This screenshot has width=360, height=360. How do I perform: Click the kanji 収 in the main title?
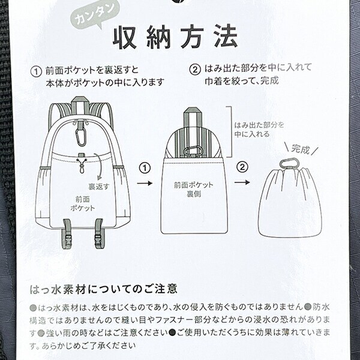click(125, 38)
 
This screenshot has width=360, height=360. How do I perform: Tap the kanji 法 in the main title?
click(225, 37)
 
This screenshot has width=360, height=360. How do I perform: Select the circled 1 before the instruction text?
click(36, 71)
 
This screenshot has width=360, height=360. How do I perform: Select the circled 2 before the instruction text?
click(195, 70)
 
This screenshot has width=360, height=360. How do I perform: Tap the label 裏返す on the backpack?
click(99, 187)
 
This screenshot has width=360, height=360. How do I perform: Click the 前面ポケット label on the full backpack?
click(82, 203)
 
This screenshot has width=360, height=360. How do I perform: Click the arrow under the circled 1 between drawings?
click(145, 183)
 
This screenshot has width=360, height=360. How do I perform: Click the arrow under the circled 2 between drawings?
click(242, 182)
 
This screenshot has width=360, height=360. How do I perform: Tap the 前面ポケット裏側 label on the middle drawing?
click(193, 190)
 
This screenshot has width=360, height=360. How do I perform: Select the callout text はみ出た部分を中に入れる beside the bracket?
click(259, 130)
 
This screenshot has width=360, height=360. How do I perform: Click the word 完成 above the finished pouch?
click(301, 149)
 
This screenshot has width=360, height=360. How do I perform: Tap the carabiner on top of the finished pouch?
click(290, 164)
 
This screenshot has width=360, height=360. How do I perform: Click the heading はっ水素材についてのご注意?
click(104, 289)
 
